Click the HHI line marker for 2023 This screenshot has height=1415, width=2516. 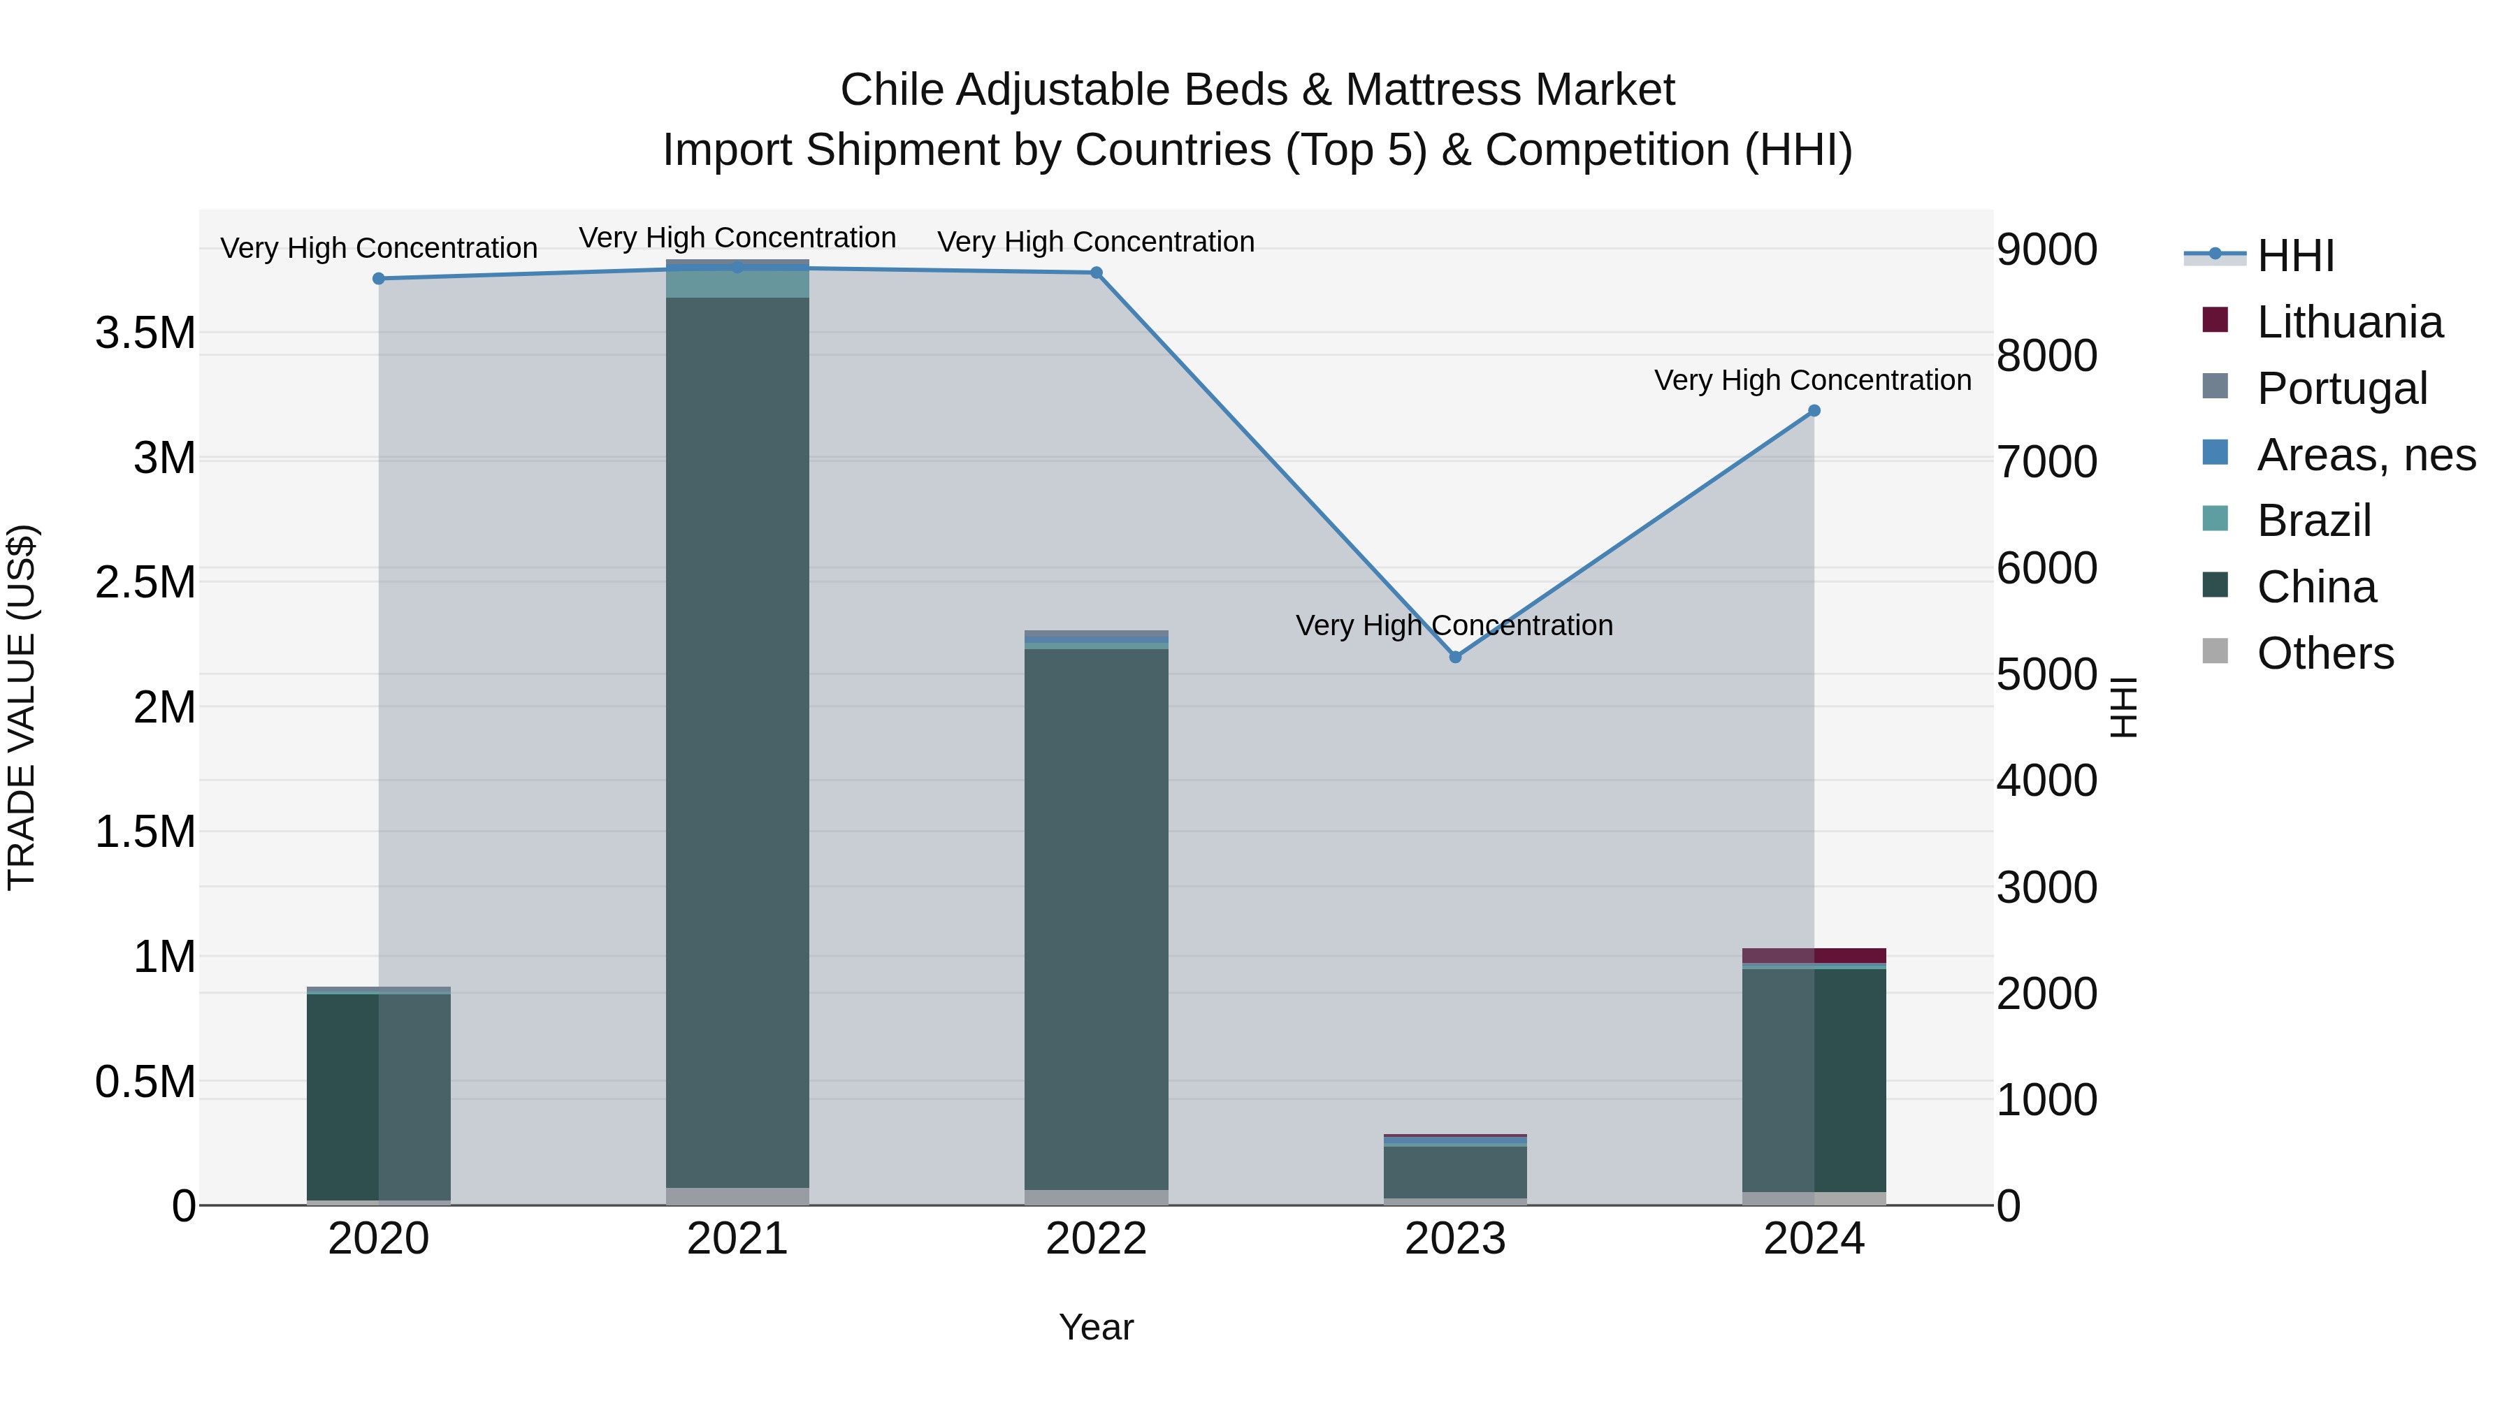[1454, 658]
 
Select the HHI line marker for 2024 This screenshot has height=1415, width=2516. [1814, 411]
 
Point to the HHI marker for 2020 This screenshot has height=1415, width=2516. [379, 278]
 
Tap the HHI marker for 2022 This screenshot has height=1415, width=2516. [1096, 273]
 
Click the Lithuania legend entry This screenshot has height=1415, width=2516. [2349, 322]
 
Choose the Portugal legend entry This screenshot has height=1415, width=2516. [2341, 389]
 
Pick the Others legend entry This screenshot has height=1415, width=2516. [2325, 653]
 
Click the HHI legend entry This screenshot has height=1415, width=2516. [2295, 256]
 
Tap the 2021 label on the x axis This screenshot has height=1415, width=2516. [737, 1239]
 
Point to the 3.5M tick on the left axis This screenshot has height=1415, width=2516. [145, 333]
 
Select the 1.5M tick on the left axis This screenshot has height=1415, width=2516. [145, 832]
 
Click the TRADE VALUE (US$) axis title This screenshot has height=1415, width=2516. [22, 707]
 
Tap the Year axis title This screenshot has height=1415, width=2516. [1096, 1327]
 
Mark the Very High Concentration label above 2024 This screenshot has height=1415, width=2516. [1813, 380]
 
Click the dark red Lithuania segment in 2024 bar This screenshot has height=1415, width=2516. [1814, 955]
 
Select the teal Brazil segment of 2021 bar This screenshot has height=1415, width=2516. [737, 283]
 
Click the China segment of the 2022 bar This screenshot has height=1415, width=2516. [1096, 918]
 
